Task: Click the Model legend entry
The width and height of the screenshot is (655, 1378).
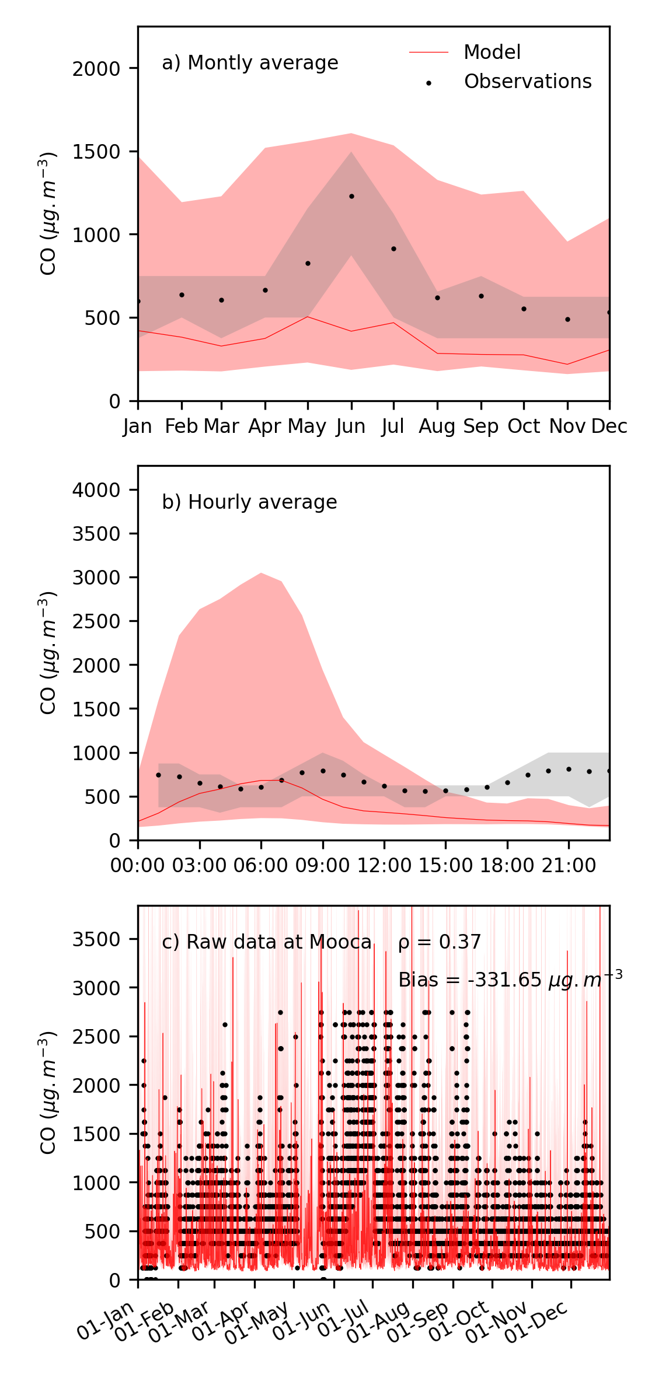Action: [x=492, y=53]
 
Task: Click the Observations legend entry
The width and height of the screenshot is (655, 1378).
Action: [x=527, y=82]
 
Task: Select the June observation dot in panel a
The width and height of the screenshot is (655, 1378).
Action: [x=351, y=197]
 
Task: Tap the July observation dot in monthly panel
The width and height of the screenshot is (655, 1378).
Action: [x=394, y=249]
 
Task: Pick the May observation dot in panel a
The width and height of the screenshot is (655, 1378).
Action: [x=308, y=264]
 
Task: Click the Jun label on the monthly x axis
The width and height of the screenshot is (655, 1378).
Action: [x=351, y=426]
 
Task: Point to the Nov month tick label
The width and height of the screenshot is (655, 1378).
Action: [x=567, y=426]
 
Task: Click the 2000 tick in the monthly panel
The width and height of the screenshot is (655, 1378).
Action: [x=96, y=69]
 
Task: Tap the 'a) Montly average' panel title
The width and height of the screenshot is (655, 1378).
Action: [x=250, y=63]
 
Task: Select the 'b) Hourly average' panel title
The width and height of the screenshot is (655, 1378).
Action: [x=249, y=502]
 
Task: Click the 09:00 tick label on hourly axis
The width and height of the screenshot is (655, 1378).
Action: [x=322, y=866]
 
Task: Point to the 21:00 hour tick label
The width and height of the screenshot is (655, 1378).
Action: [x=569, y=866]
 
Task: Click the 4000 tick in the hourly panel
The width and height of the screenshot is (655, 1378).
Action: [x=96, y=490]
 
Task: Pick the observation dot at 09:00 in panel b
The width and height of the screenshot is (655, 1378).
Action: [x=323, y=771]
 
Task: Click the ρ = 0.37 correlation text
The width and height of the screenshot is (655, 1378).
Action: [x=439, y=942]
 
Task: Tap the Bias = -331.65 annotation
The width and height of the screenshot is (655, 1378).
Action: [x=510, y=980]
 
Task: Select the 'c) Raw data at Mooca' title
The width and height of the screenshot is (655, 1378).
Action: [x=266, y=942]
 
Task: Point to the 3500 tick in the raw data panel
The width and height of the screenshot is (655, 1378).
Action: [x=96, y=939]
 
